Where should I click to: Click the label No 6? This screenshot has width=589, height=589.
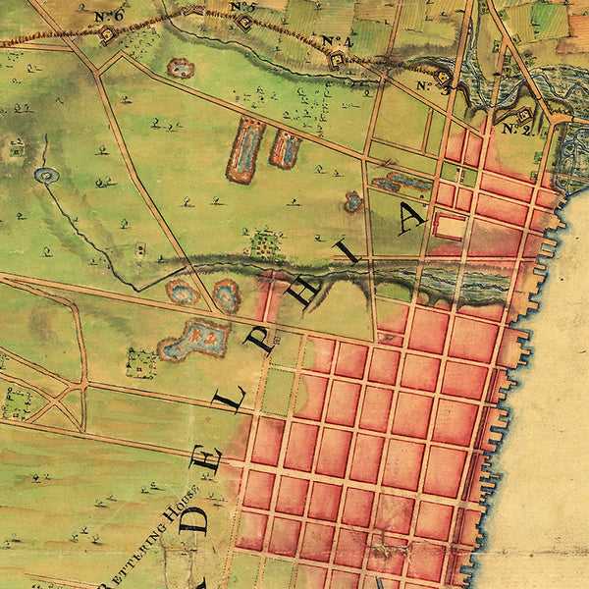(x=110, y=16)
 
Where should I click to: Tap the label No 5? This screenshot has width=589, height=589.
(x=243, y=8)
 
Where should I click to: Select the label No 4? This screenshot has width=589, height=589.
(x=337, y=41)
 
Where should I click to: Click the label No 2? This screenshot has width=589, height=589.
(x=514, y=129)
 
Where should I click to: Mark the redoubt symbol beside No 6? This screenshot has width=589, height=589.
(x=107, y=34)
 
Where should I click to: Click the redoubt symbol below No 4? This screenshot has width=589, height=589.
(x=336, y=59)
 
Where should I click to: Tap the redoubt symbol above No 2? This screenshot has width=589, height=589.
(x=524, y=114)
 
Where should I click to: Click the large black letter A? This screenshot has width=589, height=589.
(x=412, y=218)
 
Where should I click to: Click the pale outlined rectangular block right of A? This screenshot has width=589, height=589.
(x=449, y=227)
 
